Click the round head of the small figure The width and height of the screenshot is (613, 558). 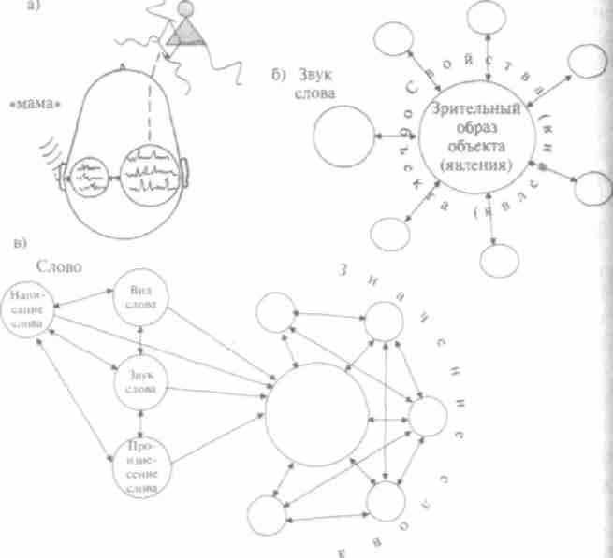185,10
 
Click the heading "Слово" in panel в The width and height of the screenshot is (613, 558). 52,265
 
